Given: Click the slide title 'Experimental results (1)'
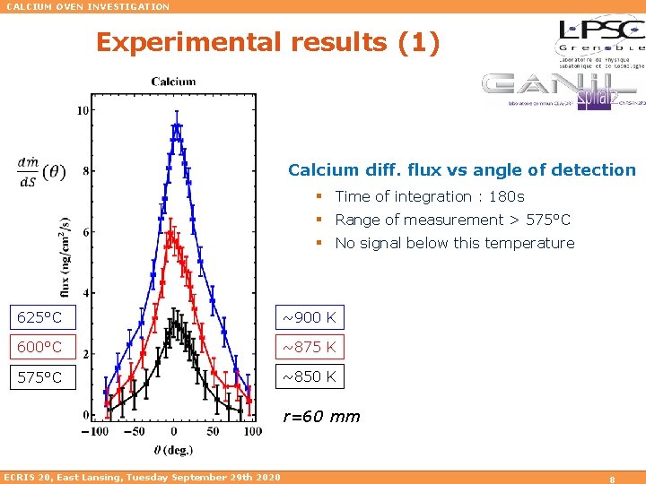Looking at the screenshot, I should (x=267, y=43).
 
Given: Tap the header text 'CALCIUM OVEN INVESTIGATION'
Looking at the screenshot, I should (x=87, y=6).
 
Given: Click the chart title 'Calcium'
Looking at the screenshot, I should (x=173, y=82).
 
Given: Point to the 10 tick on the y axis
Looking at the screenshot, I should (x=83, y=110).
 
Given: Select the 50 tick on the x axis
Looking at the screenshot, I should (x=212, y=431).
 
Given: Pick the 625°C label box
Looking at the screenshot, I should (x=41, y=316).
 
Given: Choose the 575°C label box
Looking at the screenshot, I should (x=41, y=377).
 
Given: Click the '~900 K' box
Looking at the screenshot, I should (x=310, y=316).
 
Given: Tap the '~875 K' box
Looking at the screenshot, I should (x=310, y=347).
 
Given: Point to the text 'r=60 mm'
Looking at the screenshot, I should (x=321, y=416).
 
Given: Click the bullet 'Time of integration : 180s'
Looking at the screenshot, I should (x=429, y=196).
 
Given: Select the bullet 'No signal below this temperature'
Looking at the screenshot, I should (x=454, y=243).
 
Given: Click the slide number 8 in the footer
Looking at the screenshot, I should (x=610, y=479).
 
